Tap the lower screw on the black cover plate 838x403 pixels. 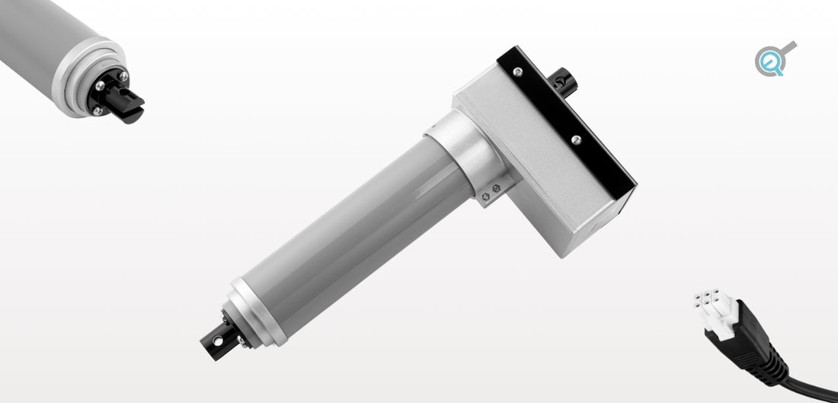pos(576,139)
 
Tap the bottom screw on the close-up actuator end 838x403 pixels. pos(98,110)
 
